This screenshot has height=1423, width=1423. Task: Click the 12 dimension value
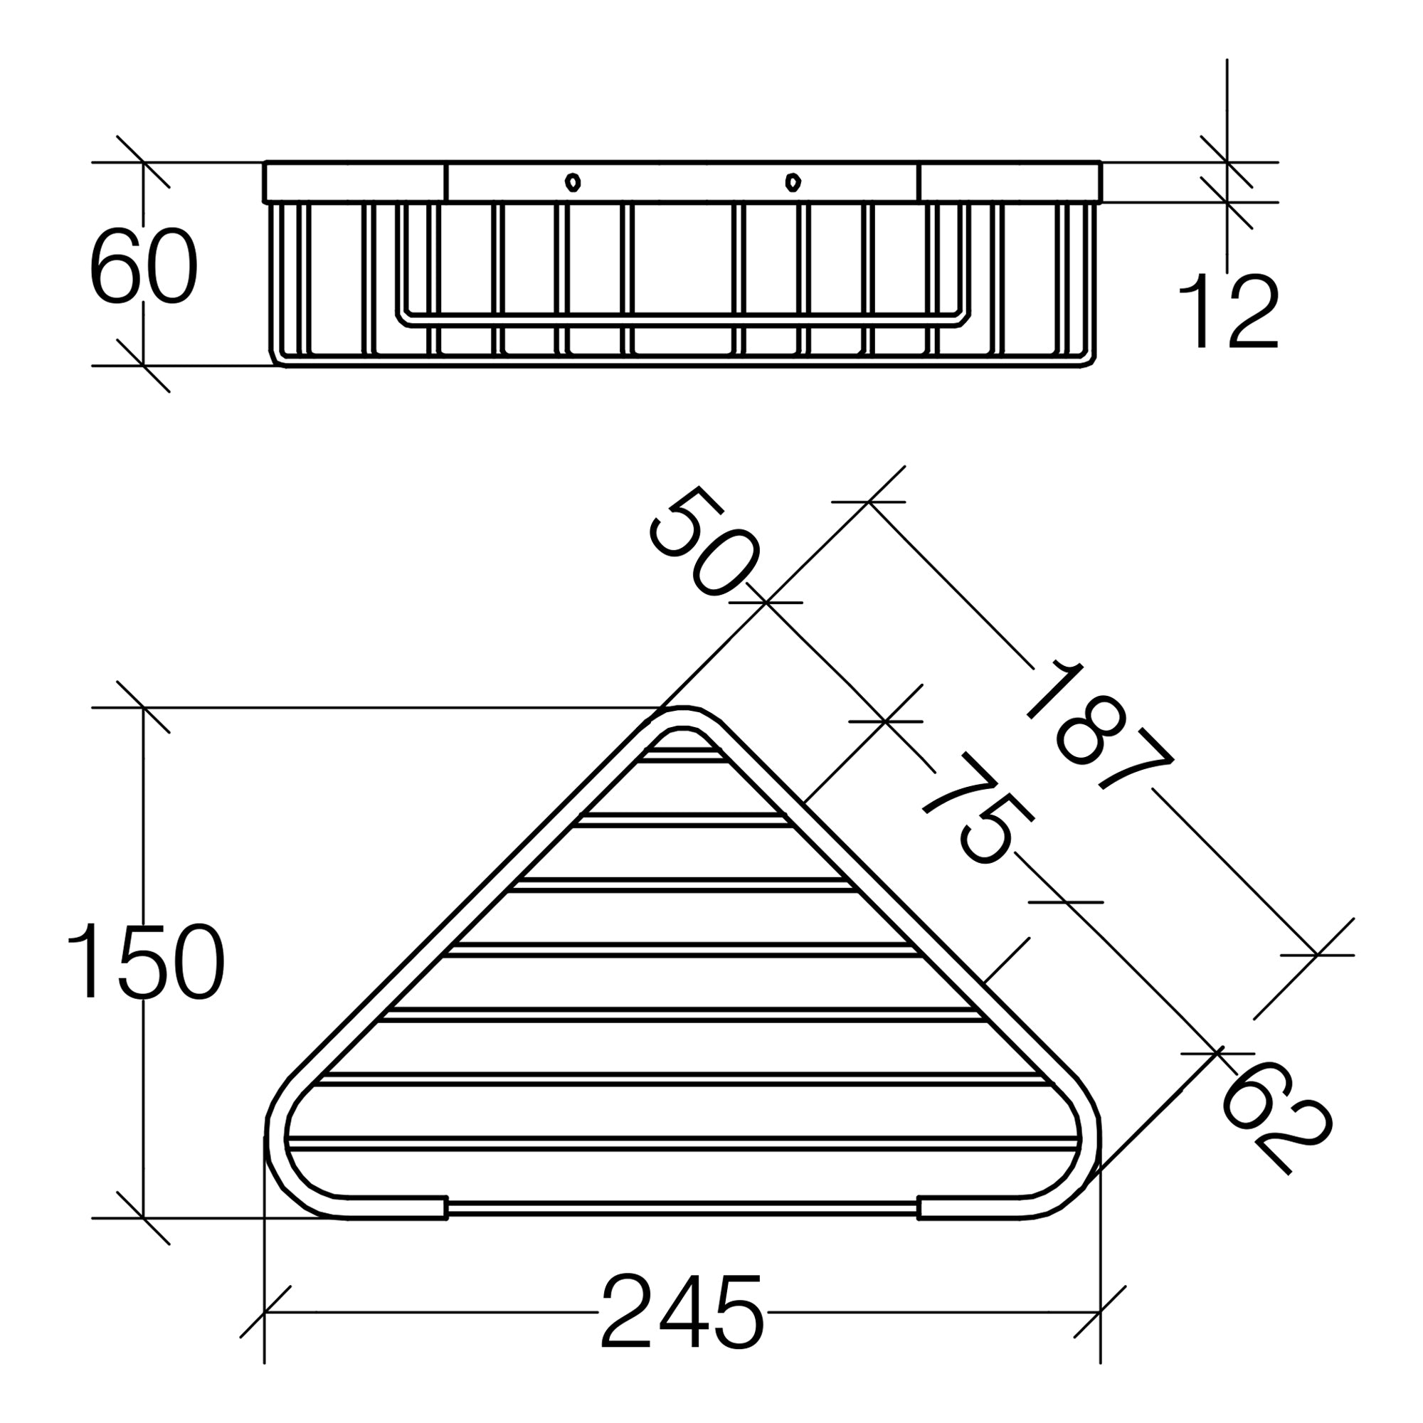[x=1228, y=311]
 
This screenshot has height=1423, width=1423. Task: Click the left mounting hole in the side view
[x=572, y=181]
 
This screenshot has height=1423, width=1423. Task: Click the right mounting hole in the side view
[x=793, y=181]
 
